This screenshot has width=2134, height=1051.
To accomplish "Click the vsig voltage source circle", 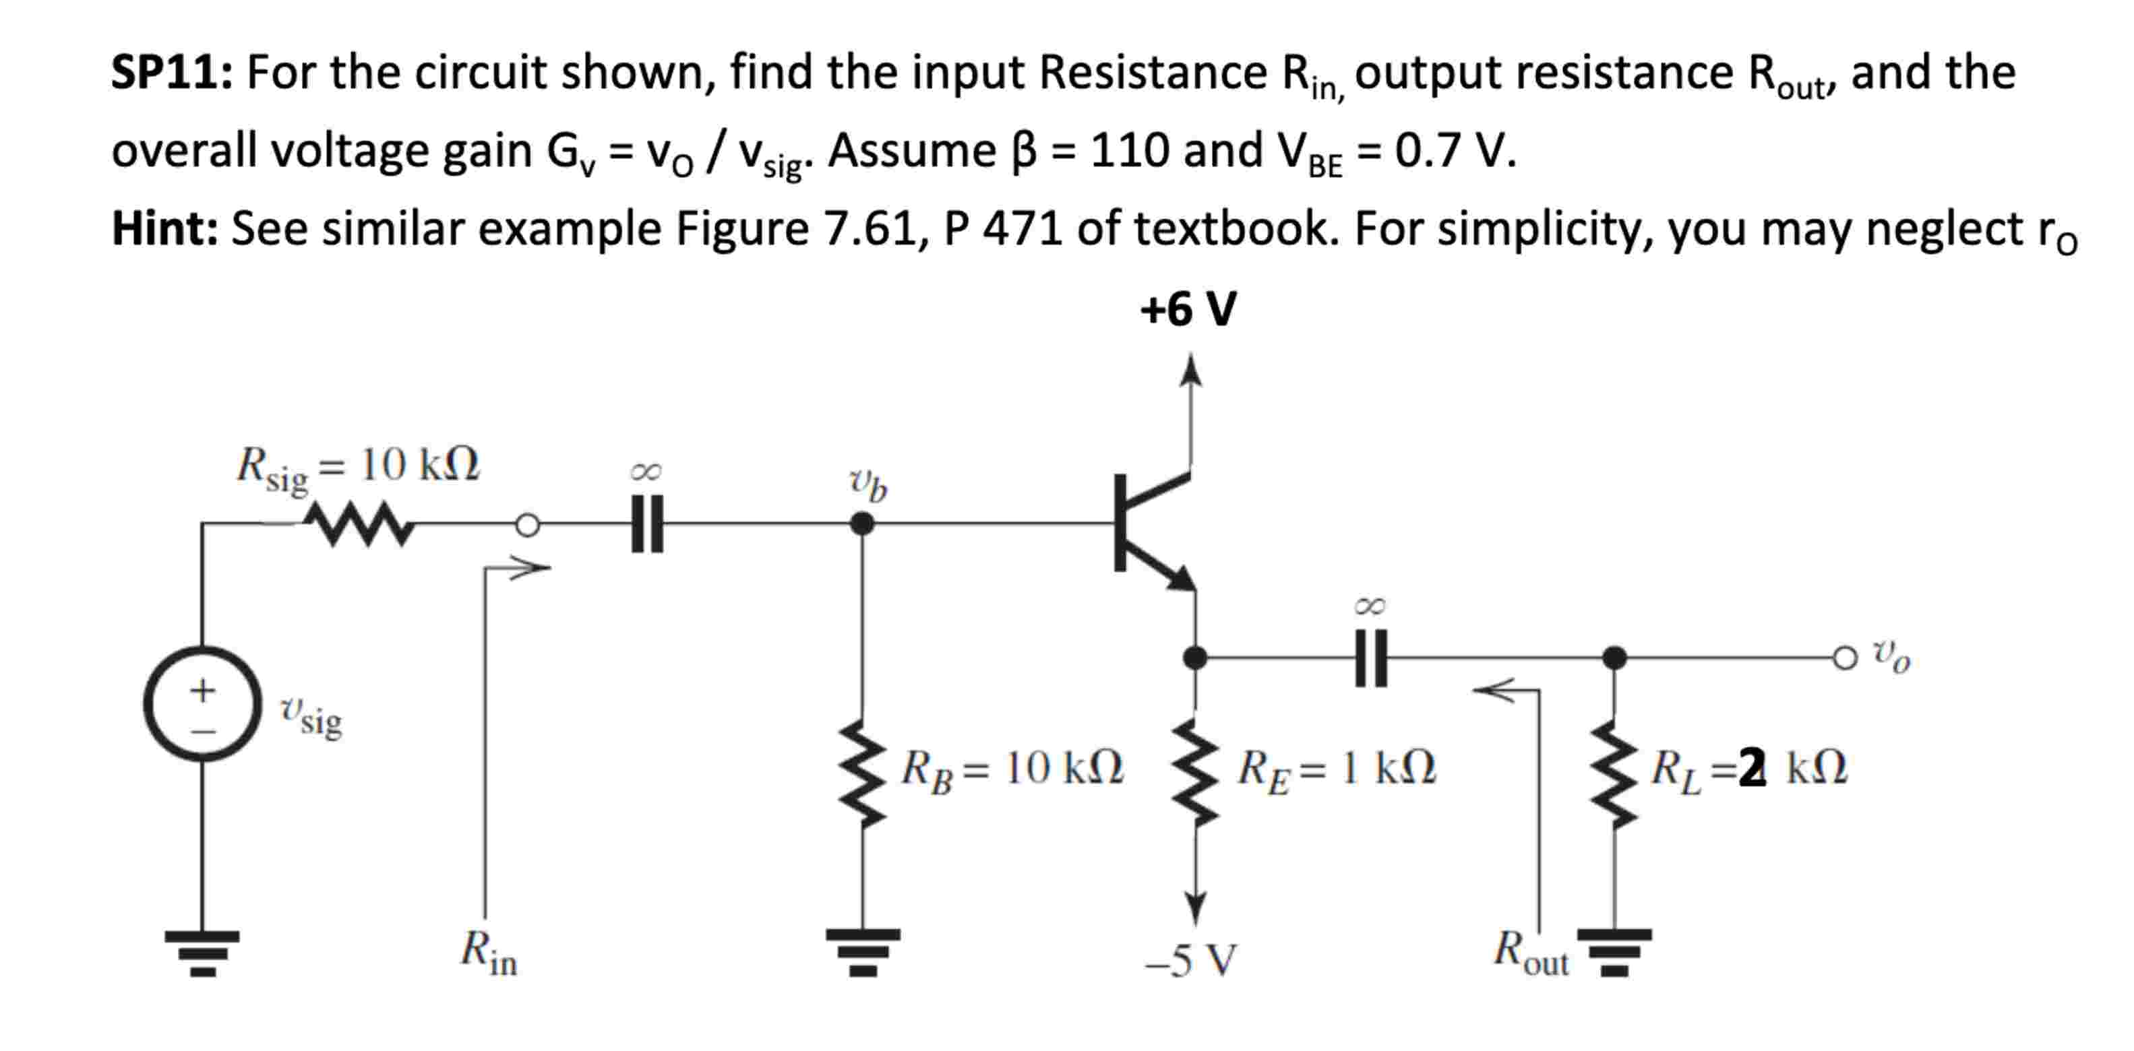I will (203, 703).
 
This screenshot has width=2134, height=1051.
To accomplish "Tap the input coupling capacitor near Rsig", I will (646, 523).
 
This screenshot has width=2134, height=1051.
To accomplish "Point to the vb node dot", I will (861, 523).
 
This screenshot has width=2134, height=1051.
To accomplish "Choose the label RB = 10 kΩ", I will (1012, 769).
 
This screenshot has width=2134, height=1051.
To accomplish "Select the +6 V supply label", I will (1188, 310).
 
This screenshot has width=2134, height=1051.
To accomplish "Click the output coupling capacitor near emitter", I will (1370, 658).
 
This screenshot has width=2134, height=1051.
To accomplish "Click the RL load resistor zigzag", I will (1613, 774).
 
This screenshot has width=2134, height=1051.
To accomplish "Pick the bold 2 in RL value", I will (1751, 768).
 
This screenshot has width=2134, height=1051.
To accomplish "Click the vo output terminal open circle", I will (1845, 658).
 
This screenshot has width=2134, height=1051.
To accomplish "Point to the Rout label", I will (1530, 953).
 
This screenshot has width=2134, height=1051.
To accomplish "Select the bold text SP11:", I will (173, 73).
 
